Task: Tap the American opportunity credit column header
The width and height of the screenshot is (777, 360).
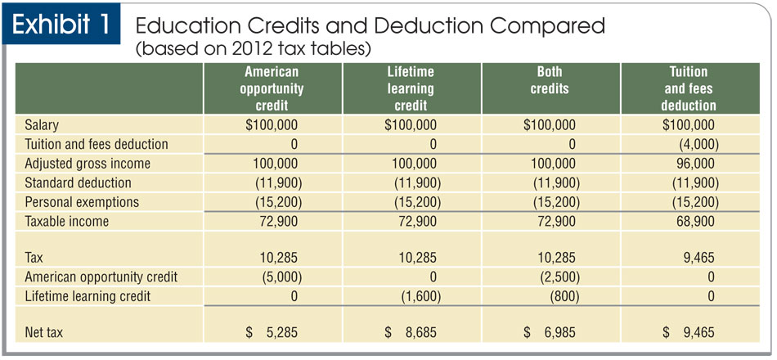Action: [272, 88]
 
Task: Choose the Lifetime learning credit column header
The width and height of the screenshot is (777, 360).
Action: [411, 88]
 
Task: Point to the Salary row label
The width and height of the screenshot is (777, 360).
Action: [43, 125]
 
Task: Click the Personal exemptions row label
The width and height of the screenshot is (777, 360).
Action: [82, 201]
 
